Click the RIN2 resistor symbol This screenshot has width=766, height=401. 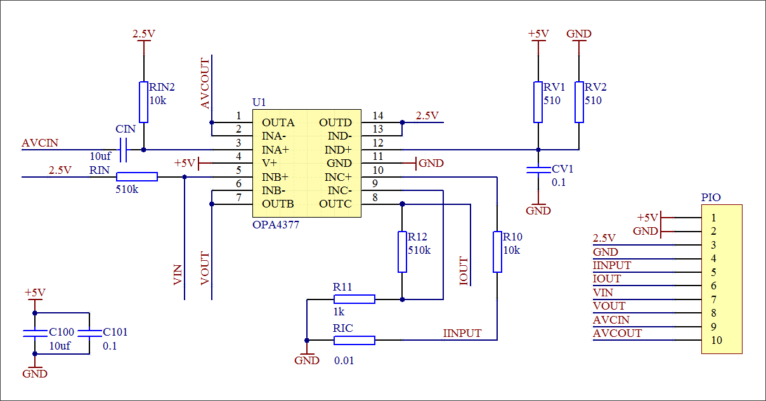click(x=144, y=102)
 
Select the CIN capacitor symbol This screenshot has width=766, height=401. click(x=124, y=150)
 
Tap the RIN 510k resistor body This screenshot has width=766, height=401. click(x=137, y=177)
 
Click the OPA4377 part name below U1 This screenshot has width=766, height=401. click(x=276, y=225)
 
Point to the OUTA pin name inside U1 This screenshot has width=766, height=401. click(x=278, y=122)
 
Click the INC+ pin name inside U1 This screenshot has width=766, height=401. click(x=339, y=177)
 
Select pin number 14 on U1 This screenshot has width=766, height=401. click(x=378, y=115)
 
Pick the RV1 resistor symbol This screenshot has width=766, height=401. click(x=538, y=102)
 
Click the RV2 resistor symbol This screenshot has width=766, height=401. click(x=579, y=102)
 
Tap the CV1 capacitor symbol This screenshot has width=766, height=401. click(x=538, y=170)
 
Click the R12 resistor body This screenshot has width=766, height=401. click(x=402, y=252)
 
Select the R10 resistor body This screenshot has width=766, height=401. click(x=497, y=252)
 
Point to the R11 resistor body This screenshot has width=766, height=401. click(x=354, y=299)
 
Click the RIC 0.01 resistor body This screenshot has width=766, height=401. click(x=354, y=340)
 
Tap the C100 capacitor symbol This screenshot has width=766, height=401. click(x=35, y=333)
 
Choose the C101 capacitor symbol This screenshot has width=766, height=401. click(x=89, y=333)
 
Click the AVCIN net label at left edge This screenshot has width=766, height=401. click(x=40, y=143)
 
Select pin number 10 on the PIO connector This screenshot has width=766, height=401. click(x=717, y=340)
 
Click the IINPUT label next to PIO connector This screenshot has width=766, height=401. click(x=612, y=265)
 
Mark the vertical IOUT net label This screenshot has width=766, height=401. click(x=464, y=271)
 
